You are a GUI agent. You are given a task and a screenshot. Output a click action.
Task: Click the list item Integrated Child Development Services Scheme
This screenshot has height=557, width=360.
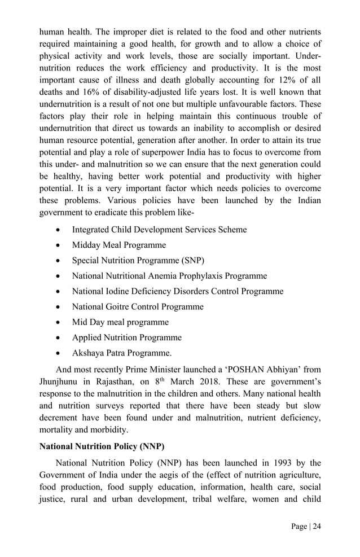[159, 230]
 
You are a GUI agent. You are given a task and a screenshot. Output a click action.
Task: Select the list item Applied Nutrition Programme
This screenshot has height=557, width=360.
[126, 337]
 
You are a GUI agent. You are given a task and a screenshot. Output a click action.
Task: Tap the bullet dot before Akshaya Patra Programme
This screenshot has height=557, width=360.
[59, 353]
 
